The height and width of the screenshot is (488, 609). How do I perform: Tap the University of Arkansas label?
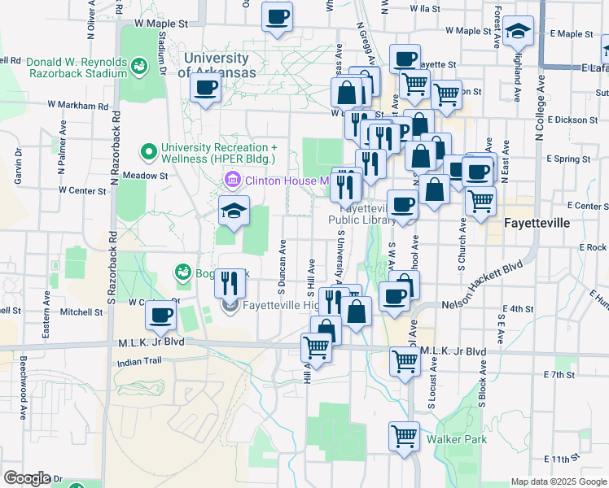click(217, 65)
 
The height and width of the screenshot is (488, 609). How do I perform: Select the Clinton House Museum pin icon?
click(232, 179)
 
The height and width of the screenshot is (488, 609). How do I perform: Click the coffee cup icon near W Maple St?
click(277, 16)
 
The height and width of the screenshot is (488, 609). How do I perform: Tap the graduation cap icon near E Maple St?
click(518, 33)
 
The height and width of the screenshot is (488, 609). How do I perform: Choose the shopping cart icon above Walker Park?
click(404, 436)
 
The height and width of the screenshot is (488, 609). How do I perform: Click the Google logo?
click(27, 478)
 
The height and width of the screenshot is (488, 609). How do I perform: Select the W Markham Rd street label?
click(78, 105)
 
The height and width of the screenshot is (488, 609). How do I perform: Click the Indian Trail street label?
click(134, 362)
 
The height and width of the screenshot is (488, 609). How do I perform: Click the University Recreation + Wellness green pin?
click(149, 151)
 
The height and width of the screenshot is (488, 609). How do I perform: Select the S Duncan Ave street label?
click(281, 267)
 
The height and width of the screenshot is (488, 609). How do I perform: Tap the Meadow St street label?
click(145, 175)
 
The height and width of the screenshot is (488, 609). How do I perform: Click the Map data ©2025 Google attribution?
click(558, 481)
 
